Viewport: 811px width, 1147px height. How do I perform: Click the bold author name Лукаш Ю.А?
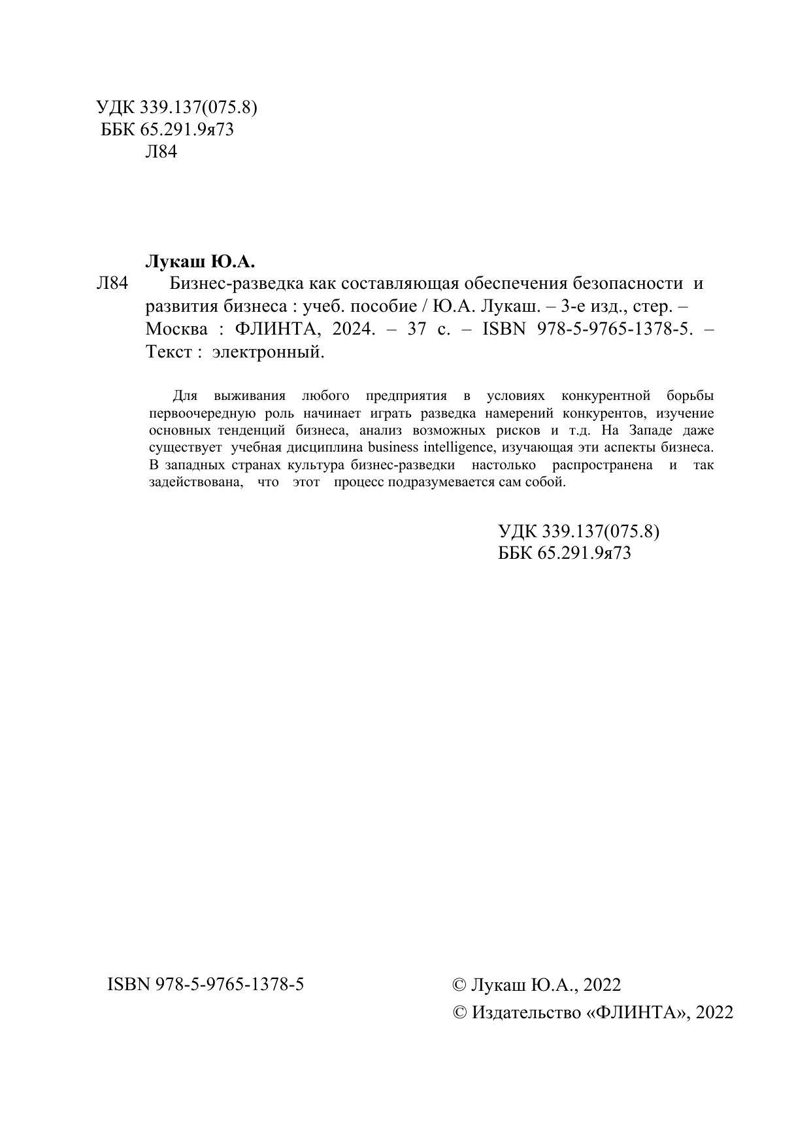(199, 262)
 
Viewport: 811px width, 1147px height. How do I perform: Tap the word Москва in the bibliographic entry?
(176, 329)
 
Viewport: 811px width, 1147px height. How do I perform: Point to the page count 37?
(417, 329)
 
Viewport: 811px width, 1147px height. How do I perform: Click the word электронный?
(268, 352)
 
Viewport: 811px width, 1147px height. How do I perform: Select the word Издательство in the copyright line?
(526, 1012)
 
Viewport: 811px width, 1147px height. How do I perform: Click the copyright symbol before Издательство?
(460, 1012)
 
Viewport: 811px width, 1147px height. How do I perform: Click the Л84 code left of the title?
(112, 284)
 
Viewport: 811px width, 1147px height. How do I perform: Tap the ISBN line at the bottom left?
(205, 984)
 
